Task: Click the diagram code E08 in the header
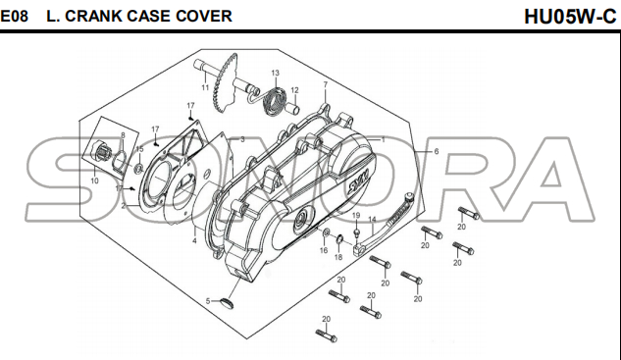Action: click(15, 17)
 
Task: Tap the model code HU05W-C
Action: click(570, 17)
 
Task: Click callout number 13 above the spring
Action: click(276, 73)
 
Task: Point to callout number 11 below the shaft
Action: click(205, 87)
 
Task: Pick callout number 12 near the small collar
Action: click(294, 90)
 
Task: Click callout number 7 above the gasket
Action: click(326, 84)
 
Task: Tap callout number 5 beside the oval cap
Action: click(208, 301)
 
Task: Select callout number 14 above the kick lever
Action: click(372, 220)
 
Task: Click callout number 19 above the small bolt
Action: click(356, 216)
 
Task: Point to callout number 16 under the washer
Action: click(324, 250)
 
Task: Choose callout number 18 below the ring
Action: click(338, 257)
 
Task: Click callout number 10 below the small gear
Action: click(94, 181)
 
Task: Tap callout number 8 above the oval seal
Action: click(123, 135)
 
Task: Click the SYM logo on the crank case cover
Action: click(358, 179)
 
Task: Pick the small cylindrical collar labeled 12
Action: click(294, 107)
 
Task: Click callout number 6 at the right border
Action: click(437, 151)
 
